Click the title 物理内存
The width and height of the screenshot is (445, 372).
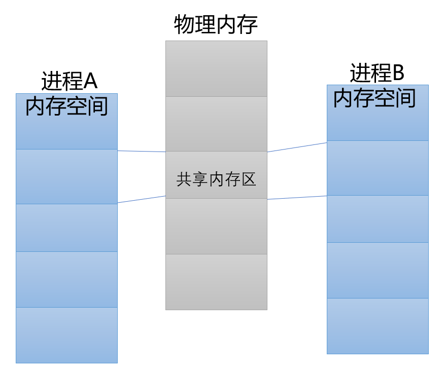point(216,24)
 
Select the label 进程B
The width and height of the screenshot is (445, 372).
point(377,73)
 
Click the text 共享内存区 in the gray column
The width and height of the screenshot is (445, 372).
point(216,179)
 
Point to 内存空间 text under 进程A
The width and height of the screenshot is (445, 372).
point(66,106)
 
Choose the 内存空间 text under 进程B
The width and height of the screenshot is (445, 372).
point(374,98)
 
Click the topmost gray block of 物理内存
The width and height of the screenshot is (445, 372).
point(216,68)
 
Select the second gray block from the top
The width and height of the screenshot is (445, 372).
point(216,124)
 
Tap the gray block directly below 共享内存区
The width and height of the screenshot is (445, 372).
point(216,226)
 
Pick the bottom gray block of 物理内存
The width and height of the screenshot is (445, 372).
point(216,282)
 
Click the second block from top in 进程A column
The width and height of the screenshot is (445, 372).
point(66,176)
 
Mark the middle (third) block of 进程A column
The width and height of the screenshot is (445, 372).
point(66,228)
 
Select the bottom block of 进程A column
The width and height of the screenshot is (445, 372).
point(66,335)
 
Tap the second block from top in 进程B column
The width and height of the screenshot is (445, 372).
point(378,168)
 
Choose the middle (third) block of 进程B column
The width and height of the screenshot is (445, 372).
point(378,219)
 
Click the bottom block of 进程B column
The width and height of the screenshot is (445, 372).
point(378,326)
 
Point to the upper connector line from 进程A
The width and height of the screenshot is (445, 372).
point(142,151)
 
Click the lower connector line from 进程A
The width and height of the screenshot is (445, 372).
point(142,199)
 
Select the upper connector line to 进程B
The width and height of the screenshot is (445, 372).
point(297,147)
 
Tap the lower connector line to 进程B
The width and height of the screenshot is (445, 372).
point(297,198)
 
